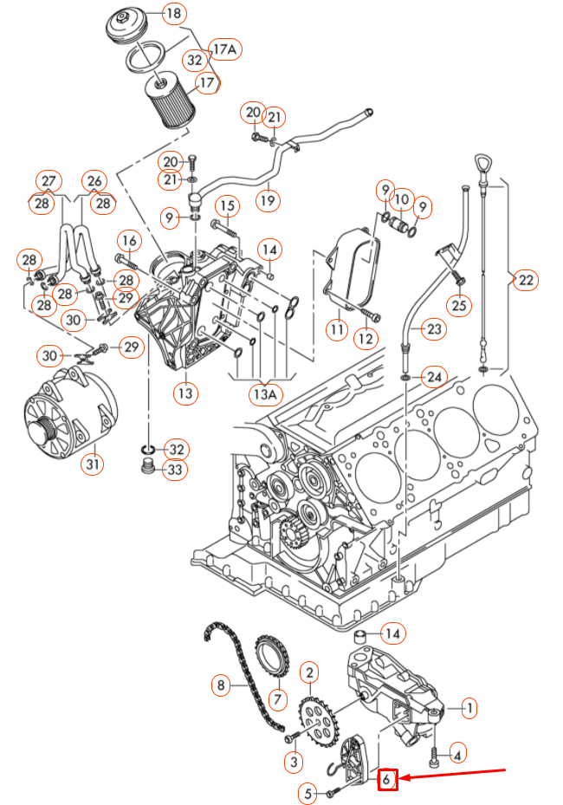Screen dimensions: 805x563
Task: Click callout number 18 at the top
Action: tap(173, 13)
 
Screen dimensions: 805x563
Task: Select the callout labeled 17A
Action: tap(225, 50)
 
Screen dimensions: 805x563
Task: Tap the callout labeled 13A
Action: tap(265, 393)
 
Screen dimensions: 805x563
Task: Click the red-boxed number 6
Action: tap(387, 780)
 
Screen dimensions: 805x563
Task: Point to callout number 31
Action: tap(93, 464)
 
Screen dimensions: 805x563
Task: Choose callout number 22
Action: tap(526, 280)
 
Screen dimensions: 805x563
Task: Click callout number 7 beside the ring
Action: tap(278, 698)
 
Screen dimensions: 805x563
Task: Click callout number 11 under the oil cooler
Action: tap(336, 329)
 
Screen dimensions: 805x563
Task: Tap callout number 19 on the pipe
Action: tap(268, 200)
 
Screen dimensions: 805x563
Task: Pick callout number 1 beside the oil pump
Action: tap(468, 709)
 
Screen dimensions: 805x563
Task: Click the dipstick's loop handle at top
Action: tap(481, 163)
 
